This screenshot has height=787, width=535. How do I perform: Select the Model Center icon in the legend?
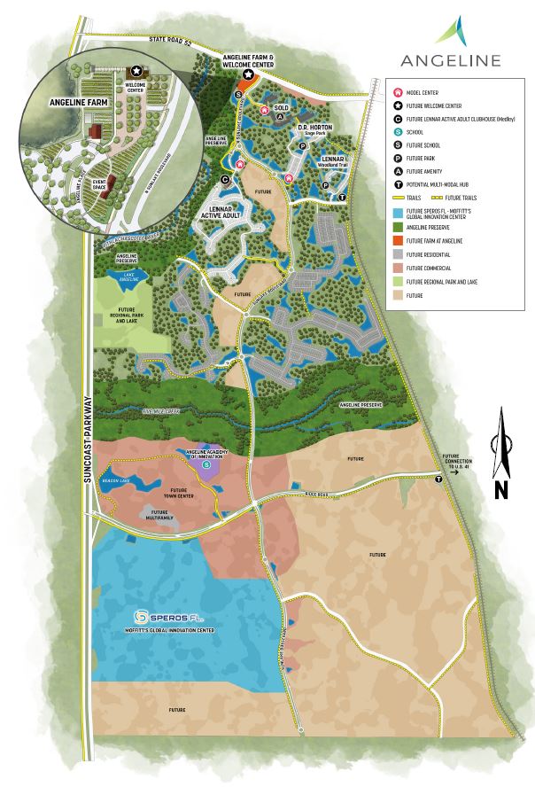pyautogui.click(x=399, y=91)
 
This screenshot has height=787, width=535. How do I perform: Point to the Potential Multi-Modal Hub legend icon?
pyautogui.click(x=399, y=184)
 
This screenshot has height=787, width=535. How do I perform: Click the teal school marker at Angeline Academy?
pyautogui.click(x=206, y=464)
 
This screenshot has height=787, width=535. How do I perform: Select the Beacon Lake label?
pyautogui.click(x=116, y=479)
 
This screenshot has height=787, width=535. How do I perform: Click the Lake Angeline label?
pyautogui.click(x=128, y=279)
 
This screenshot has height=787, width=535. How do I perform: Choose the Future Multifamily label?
pyautogui.click(x=159, y=515)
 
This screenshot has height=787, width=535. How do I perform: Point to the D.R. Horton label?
pyautogui.click(x=314, y=127)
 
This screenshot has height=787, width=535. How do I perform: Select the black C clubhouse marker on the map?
pyautogui.click(x=225, y=179)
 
